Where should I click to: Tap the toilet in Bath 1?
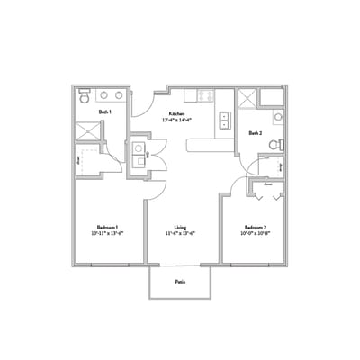tap(83, 95)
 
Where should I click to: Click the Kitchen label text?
tap(176, 113)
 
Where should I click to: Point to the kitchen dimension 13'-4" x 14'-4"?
tap(176, 120)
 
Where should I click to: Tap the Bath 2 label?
tap(256, 132)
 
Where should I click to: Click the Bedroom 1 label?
tap(108, 226)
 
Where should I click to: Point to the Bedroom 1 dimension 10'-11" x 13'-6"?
tap(108, 233)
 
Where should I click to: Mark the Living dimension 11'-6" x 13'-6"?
tap(181, 233)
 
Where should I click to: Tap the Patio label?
tap(181, 281)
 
